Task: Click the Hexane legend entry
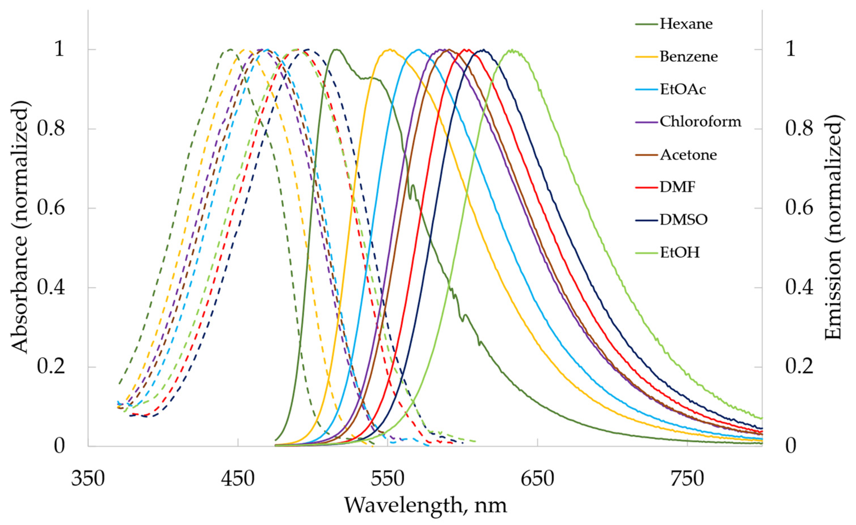686,24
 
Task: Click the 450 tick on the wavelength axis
238,480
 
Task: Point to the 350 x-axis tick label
88,480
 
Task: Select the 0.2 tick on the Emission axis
799,367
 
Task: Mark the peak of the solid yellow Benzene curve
390,50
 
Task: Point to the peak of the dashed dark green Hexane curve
230,49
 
